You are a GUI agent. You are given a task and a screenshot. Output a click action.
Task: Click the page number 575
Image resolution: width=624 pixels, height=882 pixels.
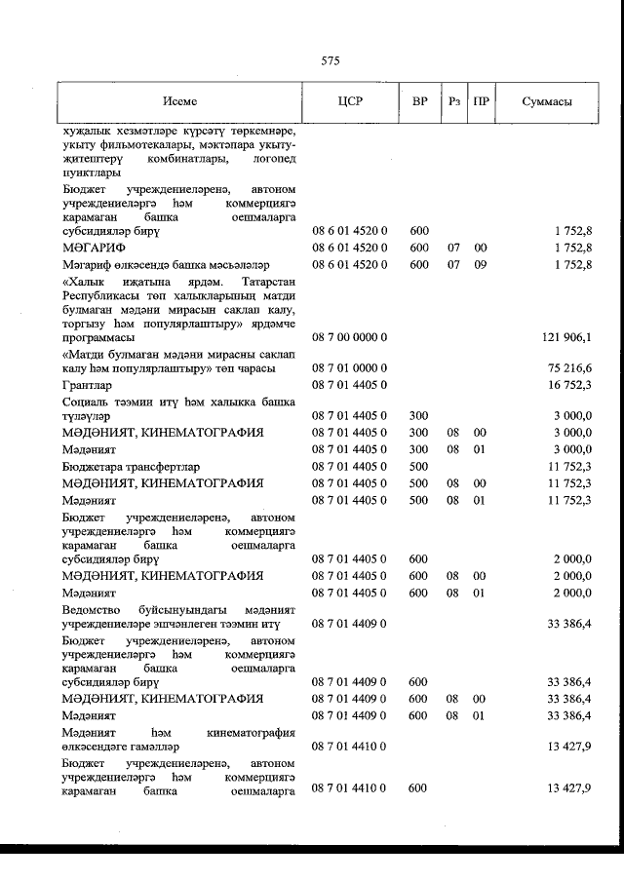click(329, 61)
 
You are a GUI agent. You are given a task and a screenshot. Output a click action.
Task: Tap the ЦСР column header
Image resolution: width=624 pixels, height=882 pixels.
click(349, 101)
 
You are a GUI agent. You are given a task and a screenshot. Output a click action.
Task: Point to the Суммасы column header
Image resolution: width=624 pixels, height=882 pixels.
click(546, 101)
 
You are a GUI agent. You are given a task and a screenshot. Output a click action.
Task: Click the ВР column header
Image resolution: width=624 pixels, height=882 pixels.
click(419, 101)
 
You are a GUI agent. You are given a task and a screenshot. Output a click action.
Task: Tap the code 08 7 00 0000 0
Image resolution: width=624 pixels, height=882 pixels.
click(350, 336)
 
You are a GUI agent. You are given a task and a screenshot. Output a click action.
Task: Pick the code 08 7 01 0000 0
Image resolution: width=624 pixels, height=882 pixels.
click(350, 368)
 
